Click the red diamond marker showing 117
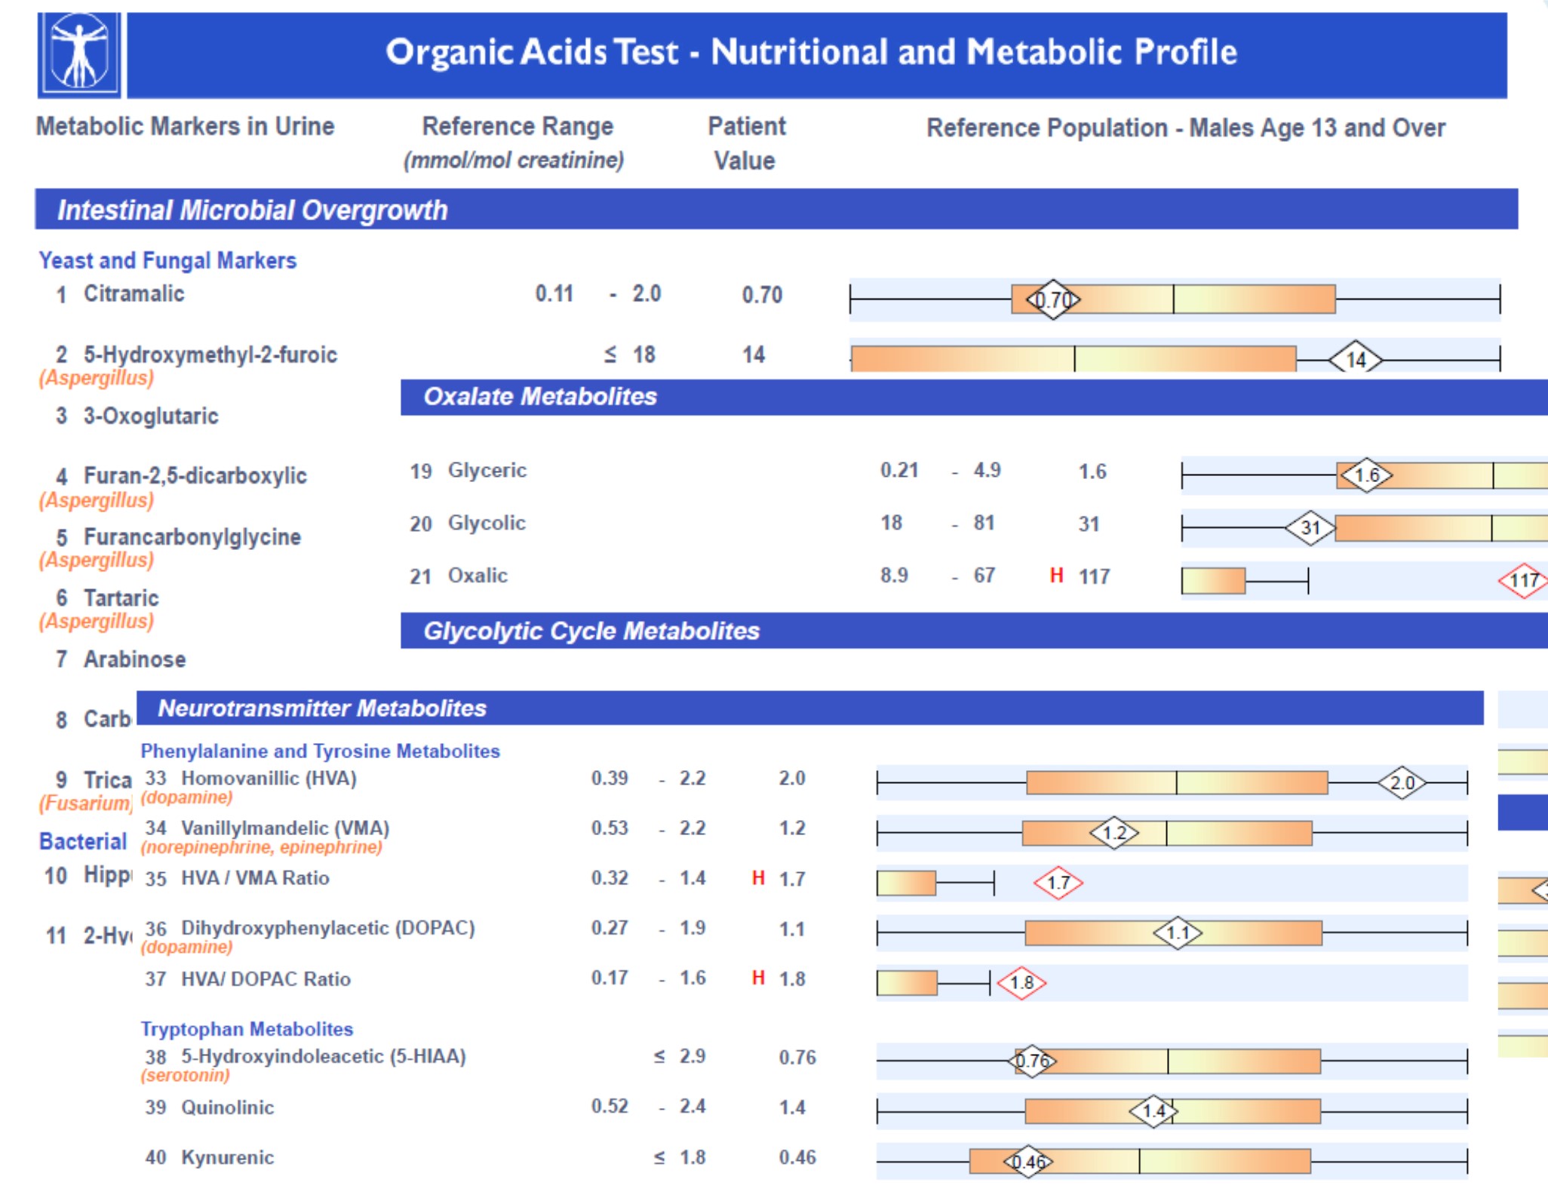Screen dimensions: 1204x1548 point(1523,580)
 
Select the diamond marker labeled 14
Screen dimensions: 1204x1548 point(1356,360)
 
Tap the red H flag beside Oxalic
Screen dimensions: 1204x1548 point(1056,576)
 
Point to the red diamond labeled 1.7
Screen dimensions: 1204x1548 point(1058,883)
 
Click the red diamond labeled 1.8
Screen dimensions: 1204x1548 point(1021,983)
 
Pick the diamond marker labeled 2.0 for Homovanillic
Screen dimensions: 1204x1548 point(1402,783)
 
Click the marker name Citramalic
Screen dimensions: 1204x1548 point(134,293)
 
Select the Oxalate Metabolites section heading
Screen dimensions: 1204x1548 point(540,397)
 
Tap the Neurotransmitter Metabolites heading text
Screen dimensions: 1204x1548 point(322,708)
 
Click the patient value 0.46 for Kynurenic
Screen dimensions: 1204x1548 point(797,1157)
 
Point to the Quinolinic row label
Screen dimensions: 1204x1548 point(227,1107)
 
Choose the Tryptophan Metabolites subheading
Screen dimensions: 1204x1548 point(247,1029)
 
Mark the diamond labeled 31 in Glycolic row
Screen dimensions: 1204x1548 point(1310,527)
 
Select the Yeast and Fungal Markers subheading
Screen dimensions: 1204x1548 point(167,260)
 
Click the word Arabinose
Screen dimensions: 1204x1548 point(134,659)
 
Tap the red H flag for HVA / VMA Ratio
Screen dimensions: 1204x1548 point(758,878)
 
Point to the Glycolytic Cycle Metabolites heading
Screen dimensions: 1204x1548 point(591,631)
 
